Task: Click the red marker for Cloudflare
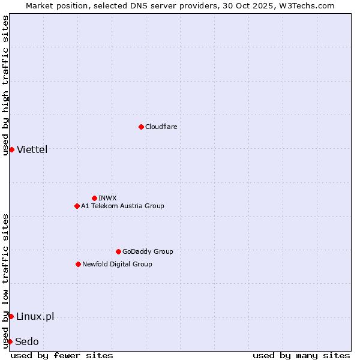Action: coord(141,127)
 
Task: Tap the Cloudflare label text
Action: coord(161,127)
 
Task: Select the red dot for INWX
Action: coord(94,198)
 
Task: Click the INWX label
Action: coord(107,199)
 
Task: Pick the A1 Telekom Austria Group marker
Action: coord(77,206)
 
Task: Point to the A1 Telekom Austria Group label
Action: coord(122,206)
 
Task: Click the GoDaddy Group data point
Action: coord(118,251)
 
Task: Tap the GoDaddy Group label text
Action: coord(147,252)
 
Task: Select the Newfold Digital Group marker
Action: coord(78,264)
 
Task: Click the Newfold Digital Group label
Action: coord(117,265)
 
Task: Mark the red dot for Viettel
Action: coord(11,149)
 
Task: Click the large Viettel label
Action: coord(32,150)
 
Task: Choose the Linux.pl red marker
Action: coord(11,316)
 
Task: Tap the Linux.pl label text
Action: coord(35,317)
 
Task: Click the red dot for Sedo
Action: coord(10,341)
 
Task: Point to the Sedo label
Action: coord(27,342)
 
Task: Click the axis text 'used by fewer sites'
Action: coord(62,355)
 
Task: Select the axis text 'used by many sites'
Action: coord(301,355)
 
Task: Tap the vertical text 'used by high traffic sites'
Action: coord(5,85)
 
